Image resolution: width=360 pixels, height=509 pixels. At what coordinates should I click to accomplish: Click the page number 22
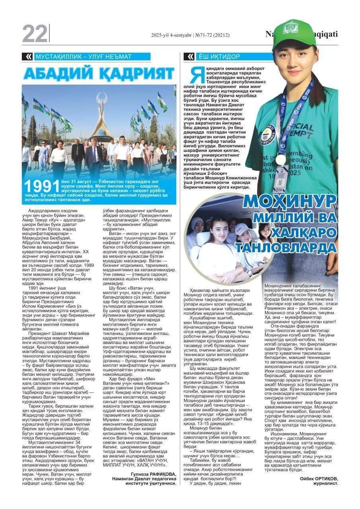coord(35,33)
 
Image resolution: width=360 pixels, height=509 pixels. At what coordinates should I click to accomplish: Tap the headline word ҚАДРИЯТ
coord(137,73)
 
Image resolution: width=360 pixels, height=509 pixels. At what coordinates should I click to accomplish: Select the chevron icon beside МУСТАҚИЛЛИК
coord(28,57)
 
